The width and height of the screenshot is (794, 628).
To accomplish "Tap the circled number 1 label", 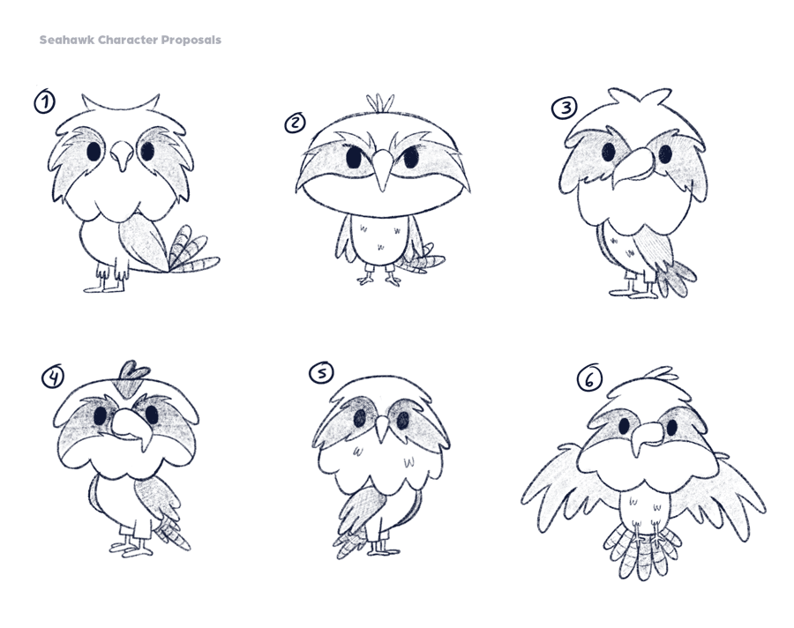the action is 45,101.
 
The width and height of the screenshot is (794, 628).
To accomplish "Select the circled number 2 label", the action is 295,123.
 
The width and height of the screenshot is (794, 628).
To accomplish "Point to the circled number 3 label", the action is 564,108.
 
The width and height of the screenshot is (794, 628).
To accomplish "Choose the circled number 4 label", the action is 53,377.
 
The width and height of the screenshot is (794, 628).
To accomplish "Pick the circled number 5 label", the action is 321,373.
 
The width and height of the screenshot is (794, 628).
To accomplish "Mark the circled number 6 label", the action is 589,378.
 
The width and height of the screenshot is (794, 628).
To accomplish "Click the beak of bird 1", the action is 122,156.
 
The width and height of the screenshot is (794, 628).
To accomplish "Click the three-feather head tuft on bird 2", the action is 380,103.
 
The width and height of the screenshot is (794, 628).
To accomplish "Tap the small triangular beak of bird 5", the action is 382,428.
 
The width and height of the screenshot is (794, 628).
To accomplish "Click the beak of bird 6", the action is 647,436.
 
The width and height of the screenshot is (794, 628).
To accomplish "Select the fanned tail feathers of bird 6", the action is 640,550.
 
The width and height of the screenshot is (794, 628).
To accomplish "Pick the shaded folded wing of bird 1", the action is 143,241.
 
